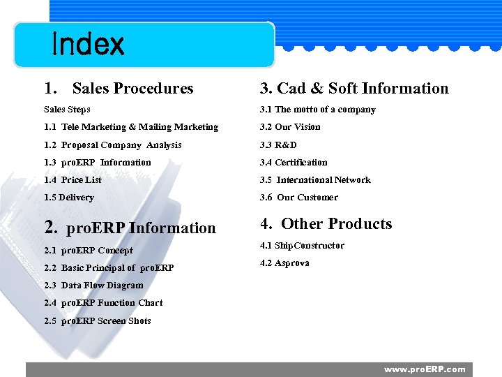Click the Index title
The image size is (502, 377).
[88, 45]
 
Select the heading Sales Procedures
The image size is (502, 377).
[119, 89]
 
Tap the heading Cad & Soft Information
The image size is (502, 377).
[354, 89]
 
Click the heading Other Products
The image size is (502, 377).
[326, 224]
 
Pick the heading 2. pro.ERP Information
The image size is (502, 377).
[130, 228]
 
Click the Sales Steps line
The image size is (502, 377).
[67, 110]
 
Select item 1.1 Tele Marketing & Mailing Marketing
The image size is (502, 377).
[131, 127]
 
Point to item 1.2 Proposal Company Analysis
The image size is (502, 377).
[113, 145]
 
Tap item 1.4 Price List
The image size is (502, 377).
[73, 180]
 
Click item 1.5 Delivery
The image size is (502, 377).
[68, 198]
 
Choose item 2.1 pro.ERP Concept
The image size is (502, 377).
[89, 251]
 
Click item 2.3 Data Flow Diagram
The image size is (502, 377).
[93, 286]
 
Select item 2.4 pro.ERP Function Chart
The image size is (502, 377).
[103, 303]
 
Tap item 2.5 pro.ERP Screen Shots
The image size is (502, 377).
[98, 321]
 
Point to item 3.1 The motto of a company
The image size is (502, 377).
[317, 110]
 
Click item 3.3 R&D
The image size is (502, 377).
[278, 145]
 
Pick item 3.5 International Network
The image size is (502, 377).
[315, 180]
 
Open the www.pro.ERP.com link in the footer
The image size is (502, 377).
[425, 369]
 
